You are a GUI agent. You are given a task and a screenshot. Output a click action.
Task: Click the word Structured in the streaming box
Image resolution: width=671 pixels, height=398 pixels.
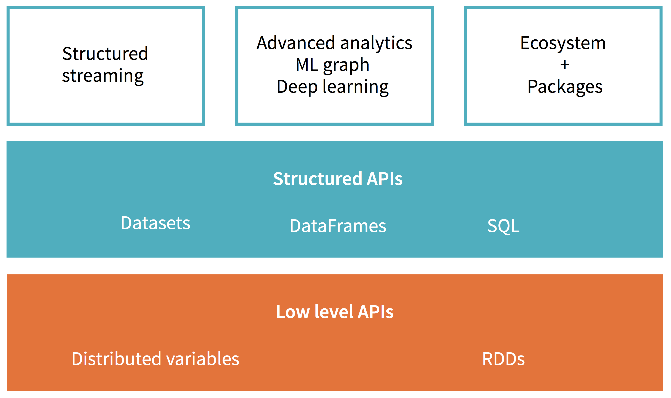tap(105, 54)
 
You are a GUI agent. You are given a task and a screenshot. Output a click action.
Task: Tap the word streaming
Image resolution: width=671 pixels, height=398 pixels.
tap(103, 76)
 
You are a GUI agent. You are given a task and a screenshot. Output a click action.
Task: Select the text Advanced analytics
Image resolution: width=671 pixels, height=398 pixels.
tap(334, 43)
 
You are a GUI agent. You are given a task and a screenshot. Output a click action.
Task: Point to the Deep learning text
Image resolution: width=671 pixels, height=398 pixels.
tap(332, 87)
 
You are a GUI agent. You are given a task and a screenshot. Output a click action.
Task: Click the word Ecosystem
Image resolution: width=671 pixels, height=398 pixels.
tap(563, 43)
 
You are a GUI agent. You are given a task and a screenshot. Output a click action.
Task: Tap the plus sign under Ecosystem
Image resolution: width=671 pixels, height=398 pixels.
tap(565, 65)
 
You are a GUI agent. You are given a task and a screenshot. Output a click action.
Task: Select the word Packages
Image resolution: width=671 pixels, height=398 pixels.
tap(565, 87)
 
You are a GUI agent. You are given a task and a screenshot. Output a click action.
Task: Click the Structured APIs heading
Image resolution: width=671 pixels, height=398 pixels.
tap(338, 179)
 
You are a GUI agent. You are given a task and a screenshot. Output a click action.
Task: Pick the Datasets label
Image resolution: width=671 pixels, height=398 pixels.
tap(155, 223)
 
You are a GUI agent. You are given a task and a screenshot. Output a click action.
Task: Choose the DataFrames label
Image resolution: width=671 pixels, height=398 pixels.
tap(338, 226)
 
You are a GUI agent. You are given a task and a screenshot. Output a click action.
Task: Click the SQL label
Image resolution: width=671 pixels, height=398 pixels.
tap(503, 226)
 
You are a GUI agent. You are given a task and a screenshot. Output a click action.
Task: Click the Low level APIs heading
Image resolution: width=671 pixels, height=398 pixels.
tap(335, 312)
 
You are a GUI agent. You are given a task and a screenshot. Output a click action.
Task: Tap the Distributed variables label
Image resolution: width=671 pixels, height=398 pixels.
tap(155, 359)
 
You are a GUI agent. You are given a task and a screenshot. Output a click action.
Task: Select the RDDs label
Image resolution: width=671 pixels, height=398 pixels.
tap(503, 359)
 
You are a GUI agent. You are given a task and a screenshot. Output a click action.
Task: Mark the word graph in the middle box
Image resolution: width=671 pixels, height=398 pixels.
tap(346, 66)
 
